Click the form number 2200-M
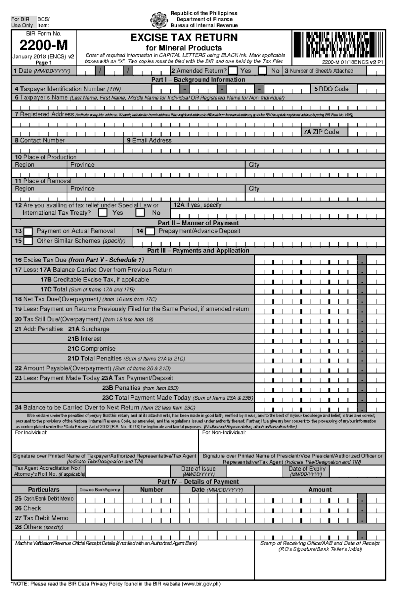43,45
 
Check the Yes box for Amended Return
233,70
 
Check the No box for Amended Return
262,70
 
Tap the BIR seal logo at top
159,20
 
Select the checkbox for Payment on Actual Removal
28,231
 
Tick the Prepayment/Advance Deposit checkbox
150,231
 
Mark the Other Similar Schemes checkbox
28,241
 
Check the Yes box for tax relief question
103,213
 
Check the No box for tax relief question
140,213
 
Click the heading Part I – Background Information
198,80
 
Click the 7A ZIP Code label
321,132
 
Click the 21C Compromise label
91,349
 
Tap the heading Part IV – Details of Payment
198,482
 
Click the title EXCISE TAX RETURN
184,38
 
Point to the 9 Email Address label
149,140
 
